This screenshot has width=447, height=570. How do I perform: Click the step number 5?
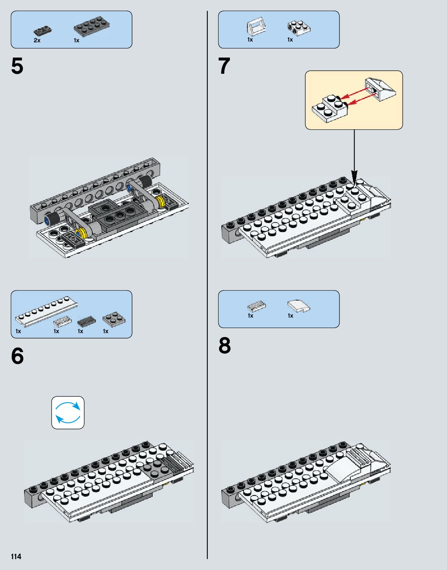coord(17,66)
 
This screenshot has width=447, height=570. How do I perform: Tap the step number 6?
coord(17,356)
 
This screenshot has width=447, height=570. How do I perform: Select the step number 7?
coord(224,66)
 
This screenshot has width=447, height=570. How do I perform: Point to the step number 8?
coord(224,346)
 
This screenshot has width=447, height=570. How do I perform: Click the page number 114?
coord(16,556)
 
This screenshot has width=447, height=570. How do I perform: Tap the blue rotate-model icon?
coord(68,412)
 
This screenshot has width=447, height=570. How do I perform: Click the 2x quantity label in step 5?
coord(37,40)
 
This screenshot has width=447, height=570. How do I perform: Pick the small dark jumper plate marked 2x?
coord(43,30)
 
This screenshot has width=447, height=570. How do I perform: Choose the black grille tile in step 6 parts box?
coord(86,321)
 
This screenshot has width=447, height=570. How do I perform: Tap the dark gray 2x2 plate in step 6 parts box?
coord(114,318)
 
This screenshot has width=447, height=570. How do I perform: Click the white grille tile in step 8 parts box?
coord(256,306)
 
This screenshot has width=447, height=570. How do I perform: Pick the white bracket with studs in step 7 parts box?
coord(299,26)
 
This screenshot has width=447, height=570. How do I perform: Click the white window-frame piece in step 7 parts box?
coord(256,26)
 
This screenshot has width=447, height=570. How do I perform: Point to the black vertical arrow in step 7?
coord(354,155)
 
